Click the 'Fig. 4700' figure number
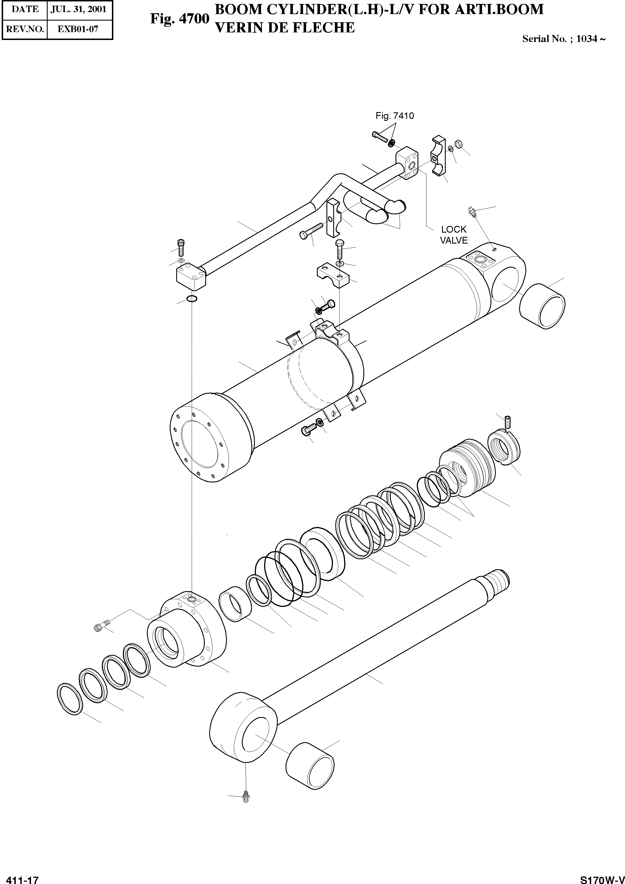180,19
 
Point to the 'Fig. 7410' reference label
395,115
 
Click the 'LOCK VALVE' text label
454,235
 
